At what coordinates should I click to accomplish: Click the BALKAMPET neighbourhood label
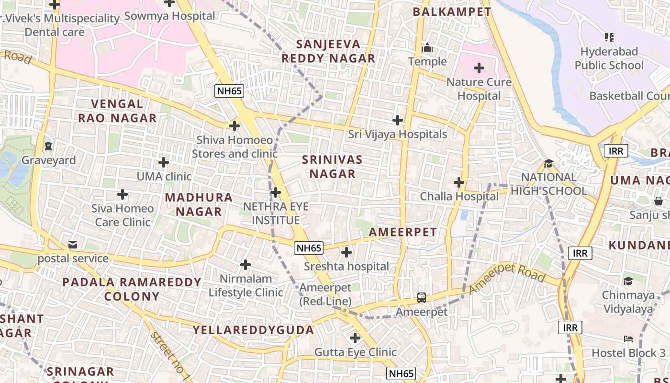click(x=452, y=11)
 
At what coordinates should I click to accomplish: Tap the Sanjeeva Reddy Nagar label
click(x=328, y=51)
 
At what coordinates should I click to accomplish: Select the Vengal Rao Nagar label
click(x=117, y=111)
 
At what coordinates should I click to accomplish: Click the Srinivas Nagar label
click(x=333, y=167)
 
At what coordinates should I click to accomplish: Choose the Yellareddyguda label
click(x=253, y=330)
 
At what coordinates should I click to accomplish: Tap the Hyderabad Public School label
click(x=609, y=58)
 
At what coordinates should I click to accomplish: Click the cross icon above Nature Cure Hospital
click(x=479, y=68)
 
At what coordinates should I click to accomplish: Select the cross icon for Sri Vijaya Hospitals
click(x=397, y=120)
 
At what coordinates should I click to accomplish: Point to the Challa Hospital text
click(x=459, y=196)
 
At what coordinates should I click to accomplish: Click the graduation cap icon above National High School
click(x=548, y=163)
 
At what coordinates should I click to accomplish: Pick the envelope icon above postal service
click(x=72, y=245)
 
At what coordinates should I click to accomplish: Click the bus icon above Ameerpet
click(x=421, y=298)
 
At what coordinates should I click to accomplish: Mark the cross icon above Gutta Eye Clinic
click(x=355, y=338)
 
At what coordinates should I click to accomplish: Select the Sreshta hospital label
click(x=346, y=266)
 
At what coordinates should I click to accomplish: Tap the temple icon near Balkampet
click(x=427, y=47)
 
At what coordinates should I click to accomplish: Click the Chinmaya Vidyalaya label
click(x=628, y=302)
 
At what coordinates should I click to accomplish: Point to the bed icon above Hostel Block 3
click(x=628, y=339)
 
